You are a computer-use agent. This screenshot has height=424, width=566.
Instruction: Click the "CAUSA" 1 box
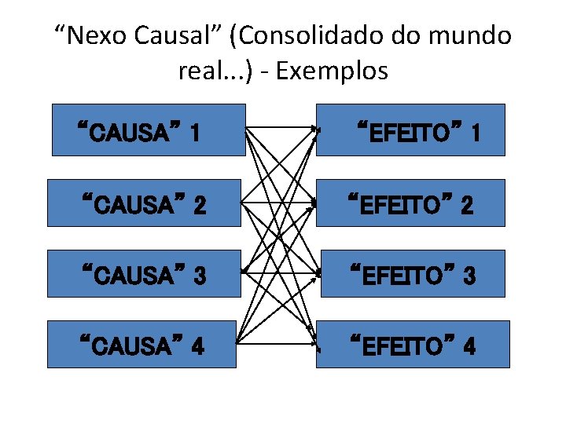pos(148,130)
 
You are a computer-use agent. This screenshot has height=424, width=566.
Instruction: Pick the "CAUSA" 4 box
pos(141,344)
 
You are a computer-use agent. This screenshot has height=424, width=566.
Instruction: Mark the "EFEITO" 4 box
pos(413,344)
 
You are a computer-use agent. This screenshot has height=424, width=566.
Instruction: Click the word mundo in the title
pos(472,36)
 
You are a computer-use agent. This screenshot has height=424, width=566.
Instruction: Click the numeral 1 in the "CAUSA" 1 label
pos(193,131)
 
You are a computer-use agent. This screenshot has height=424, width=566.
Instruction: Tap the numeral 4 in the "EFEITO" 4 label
pos(469,346)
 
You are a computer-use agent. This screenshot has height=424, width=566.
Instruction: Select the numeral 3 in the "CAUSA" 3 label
pos(200,276)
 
